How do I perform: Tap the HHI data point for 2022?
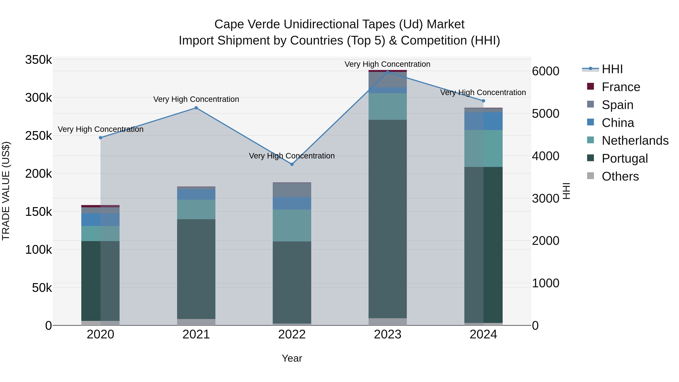click(292, 164)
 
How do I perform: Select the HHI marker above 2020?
click(100, 138)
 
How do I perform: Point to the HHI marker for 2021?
click(196, 108)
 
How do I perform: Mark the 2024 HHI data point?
click(483, 101)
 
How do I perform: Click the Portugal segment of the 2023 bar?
click(387, 219)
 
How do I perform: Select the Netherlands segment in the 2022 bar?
click(292, 225)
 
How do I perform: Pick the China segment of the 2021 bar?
click(196, 194)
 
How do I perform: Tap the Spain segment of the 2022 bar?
click(292, 190)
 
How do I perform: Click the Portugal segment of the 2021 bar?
click(196, 269)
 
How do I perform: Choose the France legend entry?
click(621, 87)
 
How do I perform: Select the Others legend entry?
click(620, 176)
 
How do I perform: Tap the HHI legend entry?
click(612, 69)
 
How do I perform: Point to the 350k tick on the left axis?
click(38, 60)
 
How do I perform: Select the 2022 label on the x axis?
click(292, 334)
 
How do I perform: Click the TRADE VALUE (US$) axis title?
click(6, 191)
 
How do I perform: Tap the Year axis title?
click(292, 358)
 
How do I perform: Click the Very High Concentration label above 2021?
click(196, 99)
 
